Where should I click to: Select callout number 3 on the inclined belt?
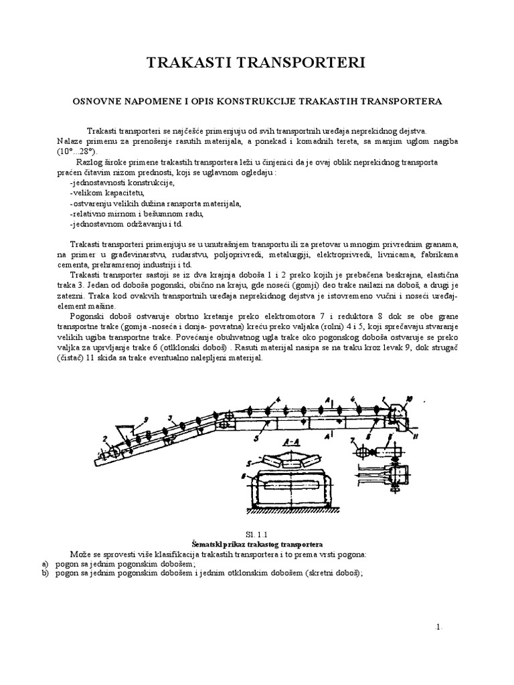pyautogui.click(x=171, y=419)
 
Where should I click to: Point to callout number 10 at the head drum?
pyautogui.click(x=409, y=399)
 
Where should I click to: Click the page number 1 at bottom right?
pyautogui.click(x=438, y=627)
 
